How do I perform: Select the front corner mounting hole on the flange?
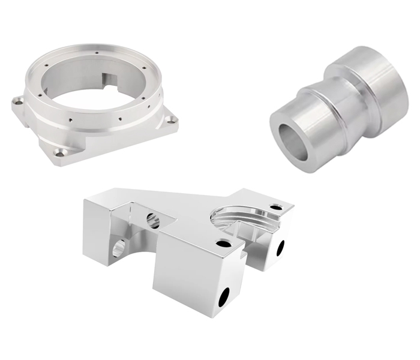[x=60, y=152]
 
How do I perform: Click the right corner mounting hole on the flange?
[x=171, y=120]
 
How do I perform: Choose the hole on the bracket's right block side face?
[x=280, y=247]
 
